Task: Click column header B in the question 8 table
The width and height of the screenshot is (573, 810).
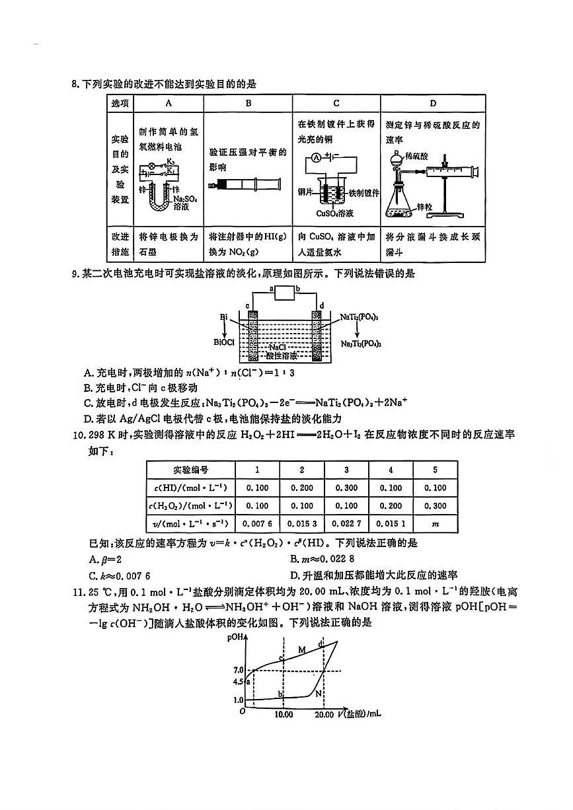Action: click(x=248, y=104)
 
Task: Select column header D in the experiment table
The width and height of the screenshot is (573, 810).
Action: click(x=432, y=104)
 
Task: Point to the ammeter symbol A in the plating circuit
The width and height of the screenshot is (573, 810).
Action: click(x=316, y=158)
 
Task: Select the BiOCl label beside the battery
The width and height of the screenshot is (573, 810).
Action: click(x=225, y=342)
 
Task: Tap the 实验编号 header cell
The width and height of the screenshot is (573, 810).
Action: click(x=190, y=470)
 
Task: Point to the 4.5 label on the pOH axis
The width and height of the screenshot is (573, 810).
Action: click(x=239, y=682)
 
